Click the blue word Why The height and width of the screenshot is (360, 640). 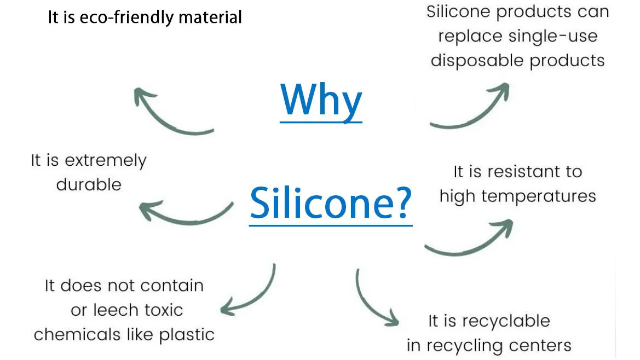321,100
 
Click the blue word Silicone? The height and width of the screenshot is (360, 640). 331,202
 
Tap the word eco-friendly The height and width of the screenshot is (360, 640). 129,18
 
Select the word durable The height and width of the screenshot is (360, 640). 89,184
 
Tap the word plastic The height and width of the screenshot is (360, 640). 187,334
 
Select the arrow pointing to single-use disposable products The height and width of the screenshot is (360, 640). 471,107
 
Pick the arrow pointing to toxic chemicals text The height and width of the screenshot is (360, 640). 252,293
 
